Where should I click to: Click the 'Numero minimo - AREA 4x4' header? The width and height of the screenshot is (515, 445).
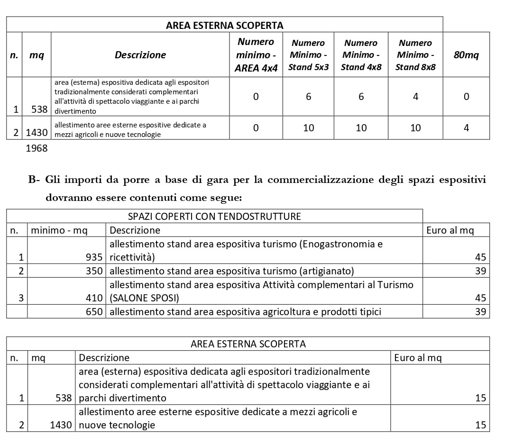click(256, 54)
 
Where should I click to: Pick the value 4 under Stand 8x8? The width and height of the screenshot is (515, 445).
click(415, 97)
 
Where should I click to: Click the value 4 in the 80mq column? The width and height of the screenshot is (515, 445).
click(466, 128)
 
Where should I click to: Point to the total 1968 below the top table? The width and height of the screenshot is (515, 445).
click(37, 148)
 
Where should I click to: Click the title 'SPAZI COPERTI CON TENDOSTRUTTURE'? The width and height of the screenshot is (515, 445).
click(214, 217)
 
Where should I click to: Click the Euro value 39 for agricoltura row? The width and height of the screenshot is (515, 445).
click(480, 312)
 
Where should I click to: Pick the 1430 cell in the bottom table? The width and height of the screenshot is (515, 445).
click(62, 425)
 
